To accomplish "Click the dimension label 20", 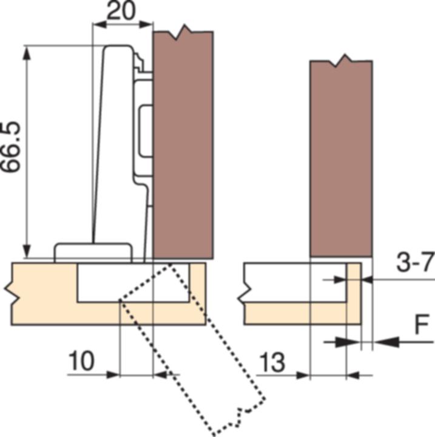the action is click(121, 11).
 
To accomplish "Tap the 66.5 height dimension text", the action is click(10, 147).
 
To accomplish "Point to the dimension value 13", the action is click(272, 362).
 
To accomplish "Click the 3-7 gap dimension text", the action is click(416, 262).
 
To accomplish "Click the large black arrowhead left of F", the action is click(387, 342).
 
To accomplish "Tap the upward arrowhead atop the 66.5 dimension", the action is click(27, 53).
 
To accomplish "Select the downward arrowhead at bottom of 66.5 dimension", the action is click(27, 251).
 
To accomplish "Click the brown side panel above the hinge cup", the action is click(183, 145).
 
